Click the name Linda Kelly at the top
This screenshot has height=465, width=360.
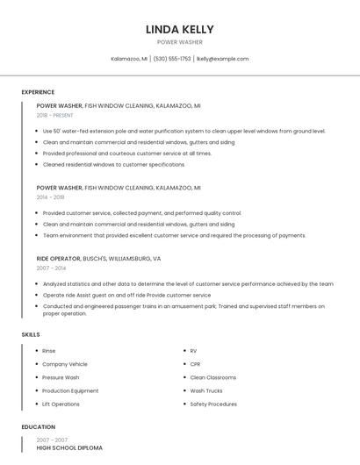(x=179, y=30)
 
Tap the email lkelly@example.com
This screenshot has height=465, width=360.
(x=222, y=59)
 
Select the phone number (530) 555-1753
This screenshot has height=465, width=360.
(x=172, y=59)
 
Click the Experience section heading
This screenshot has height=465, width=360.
(x=38, y=92)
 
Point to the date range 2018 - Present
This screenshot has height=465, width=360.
(x=55, y=115)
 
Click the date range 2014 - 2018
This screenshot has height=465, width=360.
(x=50, y=197)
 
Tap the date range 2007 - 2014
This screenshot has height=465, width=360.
(x=51, y=268)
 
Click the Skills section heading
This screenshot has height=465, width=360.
(x=31, y=334)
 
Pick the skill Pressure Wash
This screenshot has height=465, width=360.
(x=61, y=377)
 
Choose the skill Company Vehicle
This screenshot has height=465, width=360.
(x=65, y=364)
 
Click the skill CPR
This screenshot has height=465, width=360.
(x=195, y=364)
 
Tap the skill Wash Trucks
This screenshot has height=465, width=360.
(x=206, y=390)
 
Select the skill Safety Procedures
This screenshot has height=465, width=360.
(x=213, y=404)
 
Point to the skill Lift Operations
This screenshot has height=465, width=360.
(x=61, y=404)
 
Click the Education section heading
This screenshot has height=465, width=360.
(x=37, y=427)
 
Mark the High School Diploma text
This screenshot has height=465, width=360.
(x=69, y=447)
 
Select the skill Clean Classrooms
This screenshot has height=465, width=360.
(x=213, y=377)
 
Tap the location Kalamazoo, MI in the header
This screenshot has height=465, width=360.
(x=129, y=59)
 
